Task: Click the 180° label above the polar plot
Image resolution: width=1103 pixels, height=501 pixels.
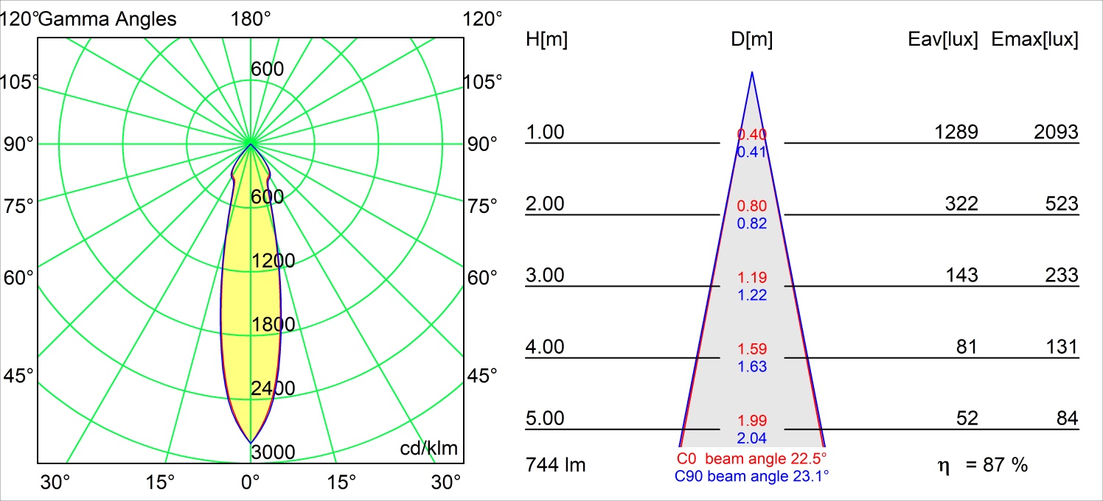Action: click(251, 18)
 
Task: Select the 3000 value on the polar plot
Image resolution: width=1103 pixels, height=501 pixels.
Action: click(273, 452)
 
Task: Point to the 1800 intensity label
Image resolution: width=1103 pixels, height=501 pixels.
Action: click(273, 325)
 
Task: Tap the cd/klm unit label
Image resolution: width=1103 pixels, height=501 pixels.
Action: click(428, 448)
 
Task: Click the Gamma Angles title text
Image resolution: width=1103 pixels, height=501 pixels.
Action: click(108, 18)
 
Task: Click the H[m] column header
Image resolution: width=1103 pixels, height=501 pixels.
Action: click(546, 40)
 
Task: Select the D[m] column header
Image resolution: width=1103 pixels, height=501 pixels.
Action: click(751, 40)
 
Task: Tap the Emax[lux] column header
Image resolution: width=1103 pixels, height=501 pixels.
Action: click(1035, 40)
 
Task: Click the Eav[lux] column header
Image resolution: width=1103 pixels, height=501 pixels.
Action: click(943, 40)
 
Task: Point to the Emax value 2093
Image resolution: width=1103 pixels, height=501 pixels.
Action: click(1055, 132)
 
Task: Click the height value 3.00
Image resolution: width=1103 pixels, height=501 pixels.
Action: click(544, 276)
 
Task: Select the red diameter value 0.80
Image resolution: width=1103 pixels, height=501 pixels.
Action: click(752, 206)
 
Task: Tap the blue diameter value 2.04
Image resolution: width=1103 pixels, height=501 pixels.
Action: click(752, 438)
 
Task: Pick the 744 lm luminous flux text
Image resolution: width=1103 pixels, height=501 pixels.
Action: click(556, 465)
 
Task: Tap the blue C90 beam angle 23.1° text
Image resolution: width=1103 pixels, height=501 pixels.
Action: click(751, 477)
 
